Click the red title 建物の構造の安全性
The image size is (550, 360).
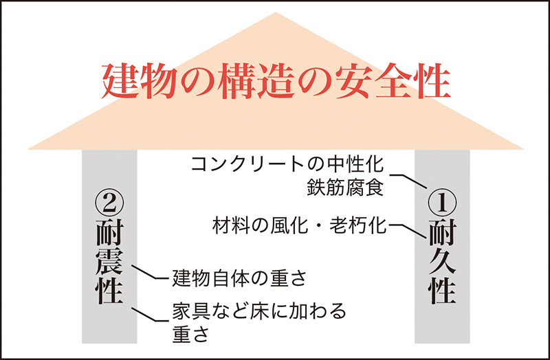(x=276, y=81)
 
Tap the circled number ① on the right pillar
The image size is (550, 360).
(x=443, y=203)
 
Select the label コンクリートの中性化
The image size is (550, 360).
(x=287, y=164)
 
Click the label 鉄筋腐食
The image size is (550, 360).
(x=345, y=187)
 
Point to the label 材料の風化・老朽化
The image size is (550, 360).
(x=299, y=226)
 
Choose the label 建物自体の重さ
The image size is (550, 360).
(x=239, y=278)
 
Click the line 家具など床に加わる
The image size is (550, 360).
(x=259, y=311)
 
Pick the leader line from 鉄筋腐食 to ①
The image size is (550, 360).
(x=408, y=181)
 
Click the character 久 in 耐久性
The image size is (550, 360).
(x=443, y=262)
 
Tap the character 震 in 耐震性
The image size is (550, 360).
(x=109, y=262)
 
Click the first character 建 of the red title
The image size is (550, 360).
(x=120, y=81)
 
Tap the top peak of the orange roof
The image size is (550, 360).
(x=276, y=12)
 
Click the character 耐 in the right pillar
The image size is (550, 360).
(x=443, y=233)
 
